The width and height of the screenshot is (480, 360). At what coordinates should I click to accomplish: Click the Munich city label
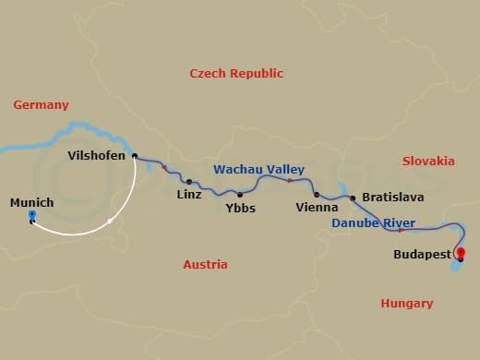click(x=31, y=202)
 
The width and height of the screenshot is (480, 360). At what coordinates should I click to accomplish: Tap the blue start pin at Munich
click(x=32, y=218)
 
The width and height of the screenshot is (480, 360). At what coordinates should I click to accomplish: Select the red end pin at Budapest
click(x=460, y=256)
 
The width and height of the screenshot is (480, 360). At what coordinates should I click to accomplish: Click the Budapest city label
click(x=422, y=254)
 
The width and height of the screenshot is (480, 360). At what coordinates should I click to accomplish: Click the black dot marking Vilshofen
click(x=135, y=156)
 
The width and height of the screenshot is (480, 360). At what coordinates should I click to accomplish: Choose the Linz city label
click(x=189, y=196)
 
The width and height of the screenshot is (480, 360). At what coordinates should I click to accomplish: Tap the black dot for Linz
click(x=188, y=182)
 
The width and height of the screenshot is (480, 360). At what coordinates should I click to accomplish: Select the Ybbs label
click(x=240, y=209)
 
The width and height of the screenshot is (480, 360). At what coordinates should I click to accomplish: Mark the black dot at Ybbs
click(x=240, y=195)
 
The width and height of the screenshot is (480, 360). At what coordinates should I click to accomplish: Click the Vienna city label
click(x=316, y=209)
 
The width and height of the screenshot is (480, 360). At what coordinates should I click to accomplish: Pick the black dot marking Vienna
click(x=316, y=195)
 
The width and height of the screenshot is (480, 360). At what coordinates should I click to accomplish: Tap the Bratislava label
click(x=393, y=197)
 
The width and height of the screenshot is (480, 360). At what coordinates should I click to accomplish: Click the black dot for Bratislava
click(x=352, y=198)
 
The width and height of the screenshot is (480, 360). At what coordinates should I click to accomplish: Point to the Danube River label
click(x=373, y=223)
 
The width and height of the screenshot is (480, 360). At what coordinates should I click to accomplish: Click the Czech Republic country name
click(x=236, y=73)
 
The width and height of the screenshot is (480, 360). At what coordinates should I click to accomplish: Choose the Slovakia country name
click(x=428, y=161)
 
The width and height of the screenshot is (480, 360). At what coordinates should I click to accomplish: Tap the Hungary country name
click(x=407, y=303)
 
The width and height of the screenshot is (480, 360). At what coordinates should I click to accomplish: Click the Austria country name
click(x=205, y=264)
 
